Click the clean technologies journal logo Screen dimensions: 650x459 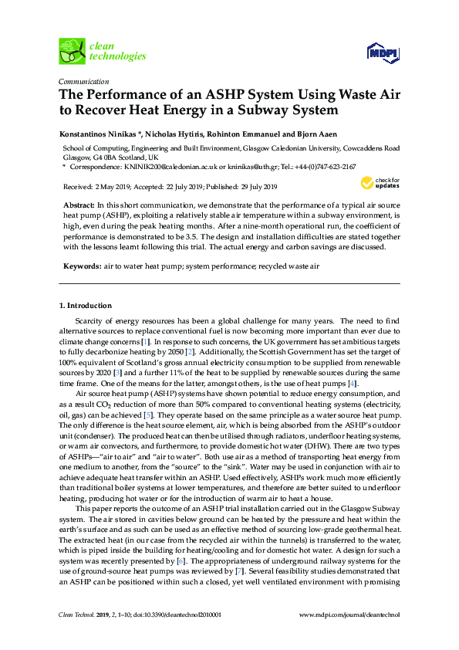[x=102, y=51]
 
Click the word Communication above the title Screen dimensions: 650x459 [x=84, y=81]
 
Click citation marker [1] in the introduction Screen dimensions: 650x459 [x=145, y=340]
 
